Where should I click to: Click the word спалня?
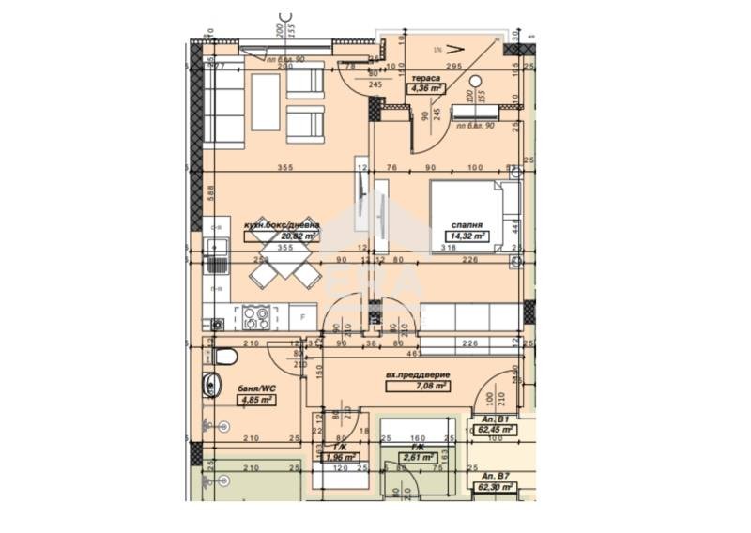click(x=467, y=226)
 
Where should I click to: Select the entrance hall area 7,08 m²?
click(x=430, y=385)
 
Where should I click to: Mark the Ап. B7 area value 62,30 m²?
click(x=494, y=487)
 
